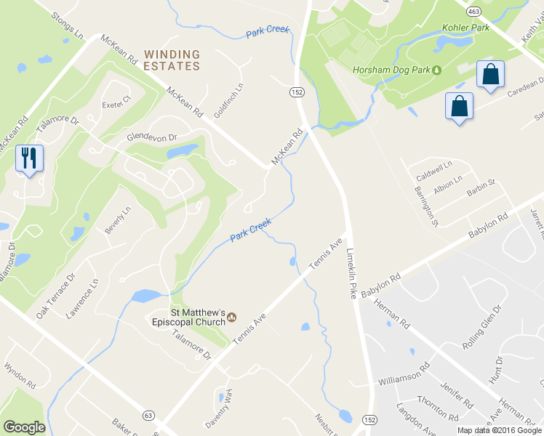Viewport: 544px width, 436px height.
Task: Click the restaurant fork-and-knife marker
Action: point(29,158)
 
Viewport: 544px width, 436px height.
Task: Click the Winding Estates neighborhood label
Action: point(172,60)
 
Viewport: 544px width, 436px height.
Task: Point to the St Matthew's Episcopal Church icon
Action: point(232,316)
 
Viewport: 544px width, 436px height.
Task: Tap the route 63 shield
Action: point(149,415)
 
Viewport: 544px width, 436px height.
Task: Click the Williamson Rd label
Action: point(404,378)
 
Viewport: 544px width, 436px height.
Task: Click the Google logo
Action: point(24,427)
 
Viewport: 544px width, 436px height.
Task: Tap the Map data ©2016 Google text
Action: point(500,430)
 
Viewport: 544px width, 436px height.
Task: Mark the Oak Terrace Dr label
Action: point(56,296)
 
